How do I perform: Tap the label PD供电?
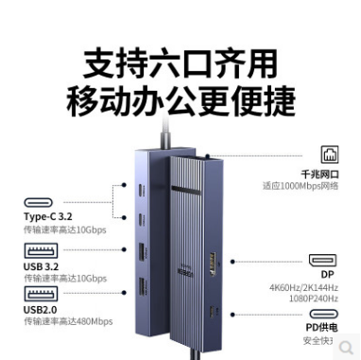pos(327,327)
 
